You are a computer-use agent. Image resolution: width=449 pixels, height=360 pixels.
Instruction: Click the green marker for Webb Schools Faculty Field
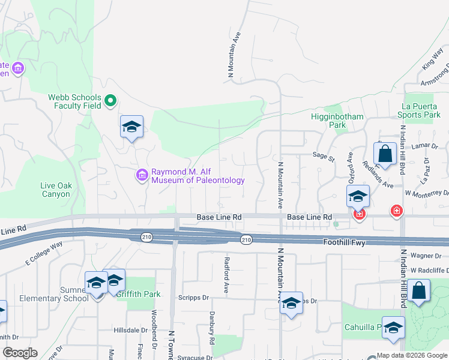point(110,101)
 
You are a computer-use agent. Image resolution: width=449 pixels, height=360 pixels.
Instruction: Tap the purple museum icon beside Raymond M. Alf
point(142,175)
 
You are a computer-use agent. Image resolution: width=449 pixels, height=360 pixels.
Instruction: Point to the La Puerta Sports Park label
point(421,110)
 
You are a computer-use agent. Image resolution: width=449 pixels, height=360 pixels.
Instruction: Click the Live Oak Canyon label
point(56,190)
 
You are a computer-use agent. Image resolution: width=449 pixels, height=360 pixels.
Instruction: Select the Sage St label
point(323,155)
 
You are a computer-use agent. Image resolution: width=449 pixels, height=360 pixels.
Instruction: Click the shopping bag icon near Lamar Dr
point(385,154)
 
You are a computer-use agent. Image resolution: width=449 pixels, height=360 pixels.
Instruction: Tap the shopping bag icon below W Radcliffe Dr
point(421,290)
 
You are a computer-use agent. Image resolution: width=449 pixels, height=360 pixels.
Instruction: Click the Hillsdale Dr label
point(131,330)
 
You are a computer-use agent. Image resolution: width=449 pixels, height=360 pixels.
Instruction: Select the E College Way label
point(44,253)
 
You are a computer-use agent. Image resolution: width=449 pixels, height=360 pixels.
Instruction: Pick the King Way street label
point(432,61)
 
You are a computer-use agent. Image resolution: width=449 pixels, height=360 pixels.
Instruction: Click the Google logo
point(20,353)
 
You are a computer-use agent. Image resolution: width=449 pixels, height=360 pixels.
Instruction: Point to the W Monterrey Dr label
point(427,193)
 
